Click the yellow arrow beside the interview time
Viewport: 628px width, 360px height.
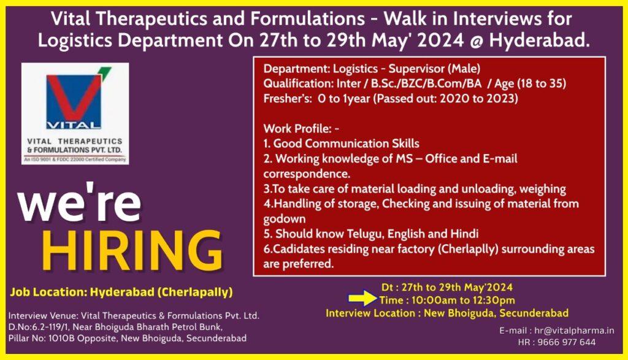pos(362,298)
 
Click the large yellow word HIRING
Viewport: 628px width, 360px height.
pos(132,250)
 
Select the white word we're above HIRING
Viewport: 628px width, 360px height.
pos(79,203)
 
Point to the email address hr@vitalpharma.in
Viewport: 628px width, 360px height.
pos(574,331)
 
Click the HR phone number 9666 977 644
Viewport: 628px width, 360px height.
pos(566,342)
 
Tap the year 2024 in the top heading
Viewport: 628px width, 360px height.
pos(440,41)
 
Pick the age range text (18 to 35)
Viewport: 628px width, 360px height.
pos(542,83)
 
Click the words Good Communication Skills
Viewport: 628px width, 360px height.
pos(346,144)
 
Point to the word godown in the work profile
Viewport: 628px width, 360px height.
pos(285,219)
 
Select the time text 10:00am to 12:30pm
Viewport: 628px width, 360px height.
pos(460,300)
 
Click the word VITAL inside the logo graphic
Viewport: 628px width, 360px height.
pos(74,124)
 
